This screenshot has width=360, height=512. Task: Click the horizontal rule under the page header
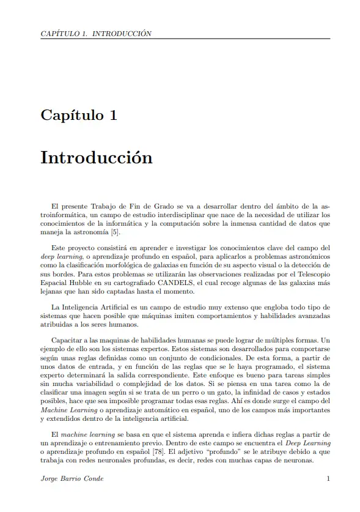tap(185, 39)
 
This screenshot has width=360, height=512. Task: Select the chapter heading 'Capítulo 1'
tap(79, 114)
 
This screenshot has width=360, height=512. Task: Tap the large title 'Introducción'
tap(96, 157)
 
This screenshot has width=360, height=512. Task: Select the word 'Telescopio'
tap(310, 274)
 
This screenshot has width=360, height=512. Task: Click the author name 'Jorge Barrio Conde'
tap(72, 478)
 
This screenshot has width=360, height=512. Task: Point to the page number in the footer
tap(328, 478)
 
